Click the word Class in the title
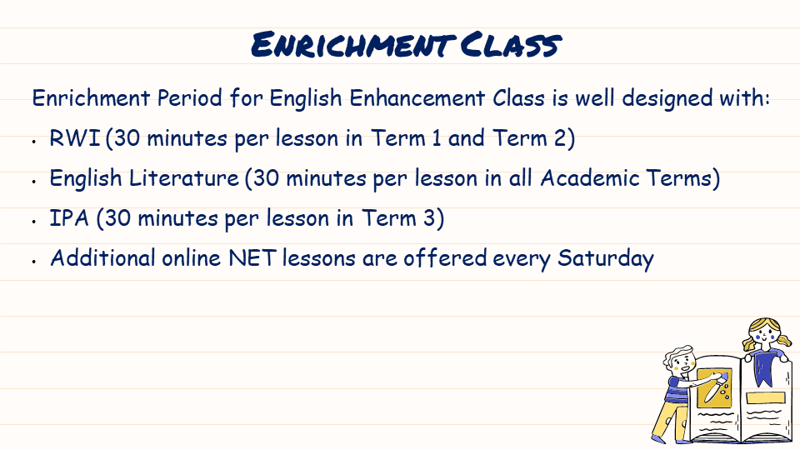[511, 44]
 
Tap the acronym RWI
[74, 138]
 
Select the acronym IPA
[69, 218]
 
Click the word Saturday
[605, 259]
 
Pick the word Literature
[183, 178]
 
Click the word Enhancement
[417, 98]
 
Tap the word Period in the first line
[189, 98]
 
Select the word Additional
[102, 258]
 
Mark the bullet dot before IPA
[33, 221]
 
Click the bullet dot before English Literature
[33, 181]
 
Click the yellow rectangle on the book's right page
[764, 398]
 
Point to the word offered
[445, 258]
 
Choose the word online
[192, 258]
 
